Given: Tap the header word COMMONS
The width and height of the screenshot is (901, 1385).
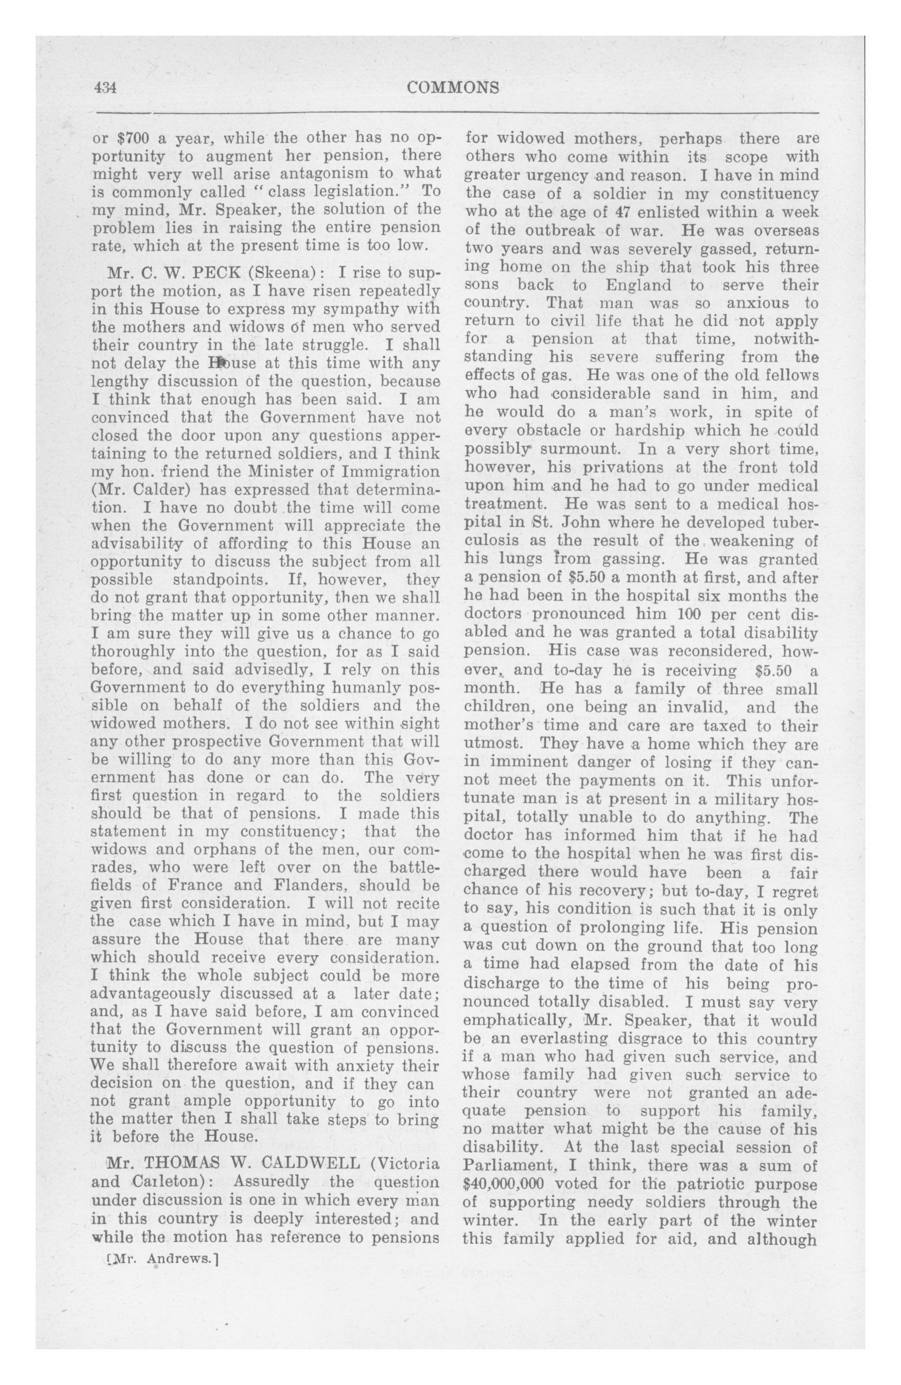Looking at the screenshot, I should [x=453, y=88].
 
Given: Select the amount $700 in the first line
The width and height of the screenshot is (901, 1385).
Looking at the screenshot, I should [x=133, y=139].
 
